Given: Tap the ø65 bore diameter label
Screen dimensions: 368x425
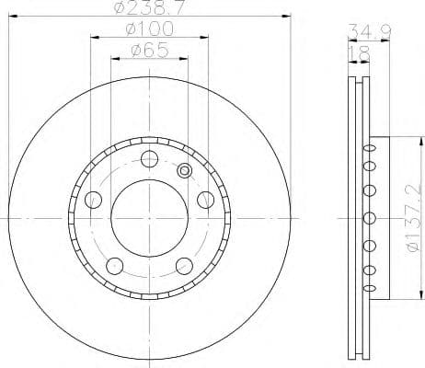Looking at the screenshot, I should click(x=147, y=52).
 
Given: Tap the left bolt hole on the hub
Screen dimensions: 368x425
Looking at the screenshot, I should click(x=92, y=200).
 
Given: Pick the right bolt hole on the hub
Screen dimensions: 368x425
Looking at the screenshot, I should click(x=203, y=200).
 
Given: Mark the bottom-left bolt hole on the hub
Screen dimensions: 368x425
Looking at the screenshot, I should click(x=114, y=266).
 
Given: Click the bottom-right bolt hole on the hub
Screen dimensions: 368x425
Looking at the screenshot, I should click(x=181, y=266).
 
